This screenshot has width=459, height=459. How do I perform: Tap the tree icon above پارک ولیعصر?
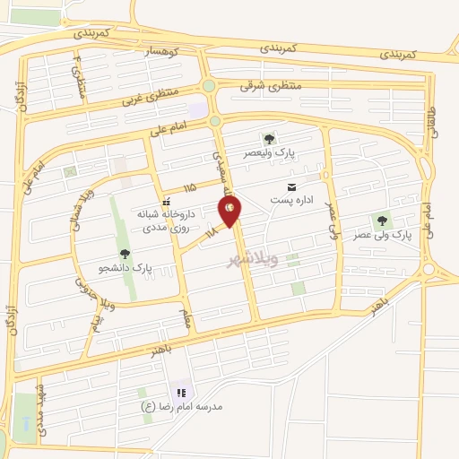(x=268, y=139)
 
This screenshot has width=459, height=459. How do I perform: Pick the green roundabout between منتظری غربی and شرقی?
(x=209, y=86)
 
